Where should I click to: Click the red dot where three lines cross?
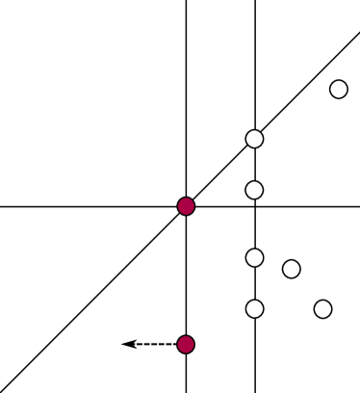(x=186, y=206)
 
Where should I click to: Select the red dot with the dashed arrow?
(x=186, y=344)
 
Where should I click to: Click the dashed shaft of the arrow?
(x=154, y=344)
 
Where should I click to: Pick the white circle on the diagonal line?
(x=254, y=139)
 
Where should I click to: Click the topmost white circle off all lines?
(x=338, y=90)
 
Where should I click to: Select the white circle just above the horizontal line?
(x=254, y=190)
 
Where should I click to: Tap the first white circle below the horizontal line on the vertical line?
(x=254, y=257)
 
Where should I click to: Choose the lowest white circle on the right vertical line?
(x=254, y=309)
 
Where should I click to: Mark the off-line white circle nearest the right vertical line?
(x=291, y=269)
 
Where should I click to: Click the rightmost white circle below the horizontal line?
(x=322, y=309)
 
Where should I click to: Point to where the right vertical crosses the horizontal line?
(x=254, y=206)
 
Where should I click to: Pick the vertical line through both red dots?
(x=186, y=96)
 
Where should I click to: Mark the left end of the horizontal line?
(x=2, y=206)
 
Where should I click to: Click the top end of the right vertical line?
(x=254, y=2)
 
